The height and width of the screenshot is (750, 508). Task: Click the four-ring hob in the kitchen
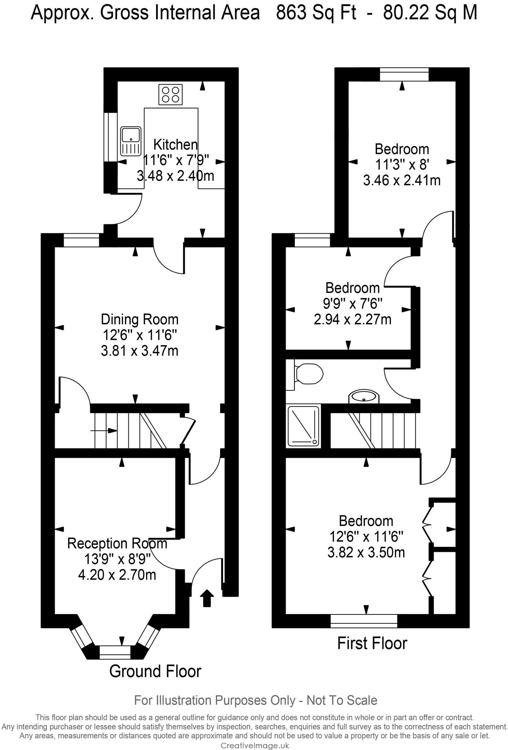pyautogui.click(x=171, y=94)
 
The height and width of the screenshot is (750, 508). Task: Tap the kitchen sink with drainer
pyautogui.click(x=131, y=141)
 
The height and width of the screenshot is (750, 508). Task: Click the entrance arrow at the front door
pyautogui.click(x=207, y=598)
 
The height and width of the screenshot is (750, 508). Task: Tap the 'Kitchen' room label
pyautogui.click(x=175, y=145)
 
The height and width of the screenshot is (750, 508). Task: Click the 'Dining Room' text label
pyautogui.click(x=140, y=319)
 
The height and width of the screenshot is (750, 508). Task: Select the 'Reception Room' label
pyautogui.click(x=117, y=543)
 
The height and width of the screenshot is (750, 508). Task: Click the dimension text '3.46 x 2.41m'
pyautogui.click(x=402, y=181)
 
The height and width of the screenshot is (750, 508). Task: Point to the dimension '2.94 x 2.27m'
pyautogui.click(x=352, y=319)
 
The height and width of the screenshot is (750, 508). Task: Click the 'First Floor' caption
pyautogui.click(x=372, y=643)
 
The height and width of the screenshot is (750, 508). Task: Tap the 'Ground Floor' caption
pyautogui.click(x=155, y=671)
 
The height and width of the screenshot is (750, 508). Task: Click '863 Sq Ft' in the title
pyautogui.click(x=316, y=13)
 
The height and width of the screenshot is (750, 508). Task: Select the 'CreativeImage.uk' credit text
pyautogui.click(x=255, y=745)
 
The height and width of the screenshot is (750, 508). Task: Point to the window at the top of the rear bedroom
pyautogui.click(x=404, y=74)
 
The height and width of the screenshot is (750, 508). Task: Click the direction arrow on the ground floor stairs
pyautogui.click(x=104, y=431)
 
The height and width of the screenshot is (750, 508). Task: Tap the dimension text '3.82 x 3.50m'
pyautogui.click(x=366, y=552)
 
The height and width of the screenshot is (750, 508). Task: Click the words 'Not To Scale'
pyautogui.click(x=341, y=700)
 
